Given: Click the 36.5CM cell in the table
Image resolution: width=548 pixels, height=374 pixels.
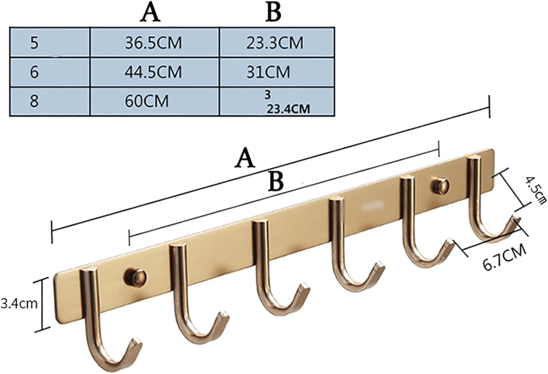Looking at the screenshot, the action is (154, 43).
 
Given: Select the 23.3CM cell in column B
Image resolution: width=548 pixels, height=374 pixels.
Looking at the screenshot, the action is (275, 43).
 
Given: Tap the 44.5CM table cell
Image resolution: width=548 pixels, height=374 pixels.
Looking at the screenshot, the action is (154, 72).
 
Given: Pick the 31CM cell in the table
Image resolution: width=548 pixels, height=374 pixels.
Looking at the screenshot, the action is (268, 72).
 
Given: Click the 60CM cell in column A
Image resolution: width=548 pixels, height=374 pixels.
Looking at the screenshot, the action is (147, 101).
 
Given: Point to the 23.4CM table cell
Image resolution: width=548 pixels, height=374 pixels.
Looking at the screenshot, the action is (288, 109).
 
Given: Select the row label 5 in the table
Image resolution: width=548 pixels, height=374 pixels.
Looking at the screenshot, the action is (34, 43).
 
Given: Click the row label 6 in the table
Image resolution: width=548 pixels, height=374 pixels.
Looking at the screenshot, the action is (34, 72).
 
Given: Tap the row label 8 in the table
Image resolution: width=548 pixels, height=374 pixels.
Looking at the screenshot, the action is (34, 101).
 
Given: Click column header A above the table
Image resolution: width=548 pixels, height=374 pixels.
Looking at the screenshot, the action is (150, 13).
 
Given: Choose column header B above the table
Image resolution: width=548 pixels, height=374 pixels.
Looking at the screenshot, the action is (273, 13).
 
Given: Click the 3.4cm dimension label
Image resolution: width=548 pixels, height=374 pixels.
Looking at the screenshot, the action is (19, 303).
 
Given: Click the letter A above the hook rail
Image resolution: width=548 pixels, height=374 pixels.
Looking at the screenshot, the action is (245, 158).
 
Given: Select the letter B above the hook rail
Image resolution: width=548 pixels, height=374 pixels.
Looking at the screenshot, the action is (276, 181).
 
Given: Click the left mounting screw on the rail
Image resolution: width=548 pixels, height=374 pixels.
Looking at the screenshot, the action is (135, 277).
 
